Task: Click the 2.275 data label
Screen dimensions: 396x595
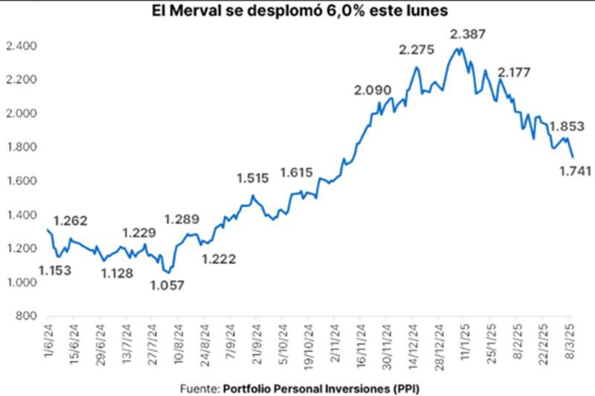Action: tap(417, 51)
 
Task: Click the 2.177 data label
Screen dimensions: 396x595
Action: tap(516, 73)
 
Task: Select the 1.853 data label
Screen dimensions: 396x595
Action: tap(567, 126)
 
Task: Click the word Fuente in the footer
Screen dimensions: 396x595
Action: tap(199, 388)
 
